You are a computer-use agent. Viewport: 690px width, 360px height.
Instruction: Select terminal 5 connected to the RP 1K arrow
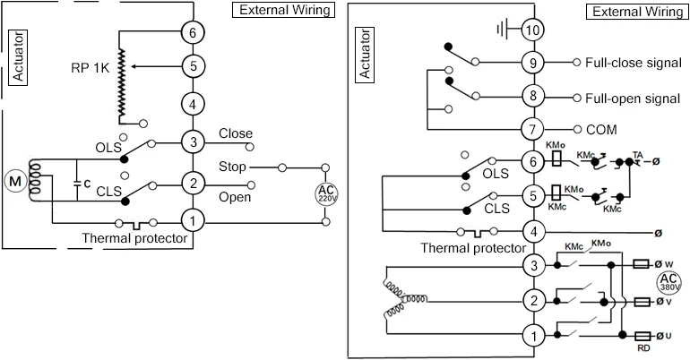(192, 65)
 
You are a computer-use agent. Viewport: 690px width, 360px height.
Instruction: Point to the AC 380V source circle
(669, 283)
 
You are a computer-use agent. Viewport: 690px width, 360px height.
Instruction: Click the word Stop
(233, 167)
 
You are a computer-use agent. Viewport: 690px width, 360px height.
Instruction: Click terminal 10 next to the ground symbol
(535, 30)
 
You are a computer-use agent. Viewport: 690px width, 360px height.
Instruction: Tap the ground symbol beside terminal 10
(501, 30)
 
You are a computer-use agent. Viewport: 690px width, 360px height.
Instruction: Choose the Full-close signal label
(633, 64)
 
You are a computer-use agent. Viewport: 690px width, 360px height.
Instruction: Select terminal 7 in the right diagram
(535, 128)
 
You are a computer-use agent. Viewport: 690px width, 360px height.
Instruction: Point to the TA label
(638, 154)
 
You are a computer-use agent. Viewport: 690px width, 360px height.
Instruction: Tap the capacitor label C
(86, 183)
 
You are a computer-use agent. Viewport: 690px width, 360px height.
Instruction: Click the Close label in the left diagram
(235, 134)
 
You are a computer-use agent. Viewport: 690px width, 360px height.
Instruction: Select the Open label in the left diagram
(235, 197)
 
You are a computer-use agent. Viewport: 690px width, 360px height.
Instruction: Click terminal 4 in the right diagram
(535, 232)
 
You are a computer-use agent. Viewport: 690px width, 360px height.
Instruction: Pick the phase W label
(668, 265)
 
